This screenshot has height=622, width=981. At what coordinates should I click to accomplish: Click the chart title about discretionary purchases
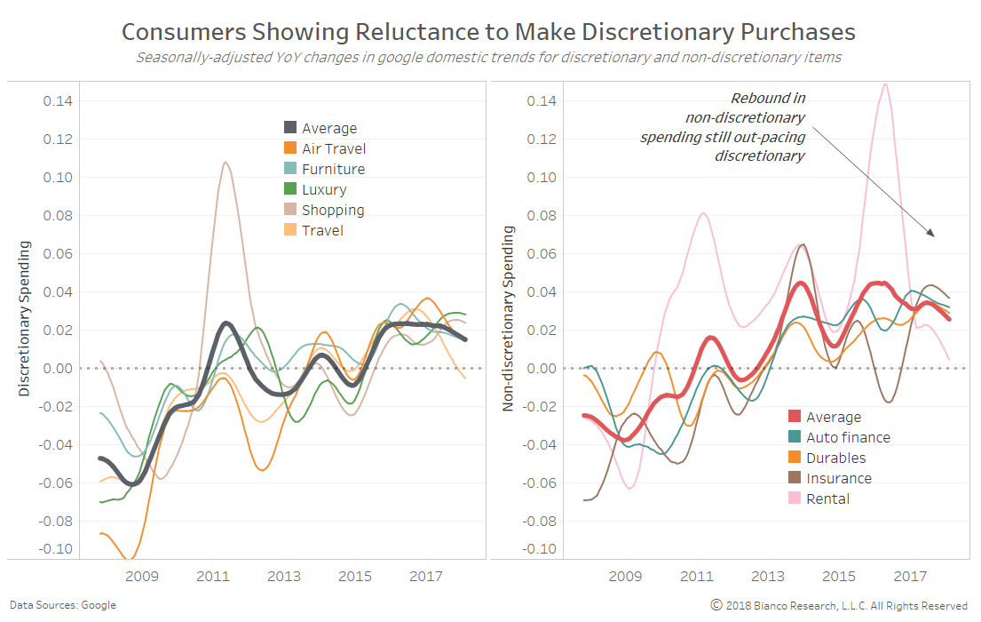pos(488,32)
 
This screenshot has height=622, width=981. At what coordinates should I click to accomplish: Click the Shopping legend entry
pos(332,211)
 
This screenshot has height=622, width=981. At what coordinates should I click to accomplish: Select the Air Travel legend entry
pos(333,149)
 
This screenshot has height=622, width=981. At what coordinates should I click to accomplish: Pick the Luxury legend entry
pos(323,190)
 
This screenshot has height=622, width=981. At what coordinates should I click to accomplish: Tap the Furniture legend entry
pos(332,170)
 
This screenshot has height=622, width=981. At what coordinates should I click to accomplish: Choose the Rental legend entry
pos(827,499)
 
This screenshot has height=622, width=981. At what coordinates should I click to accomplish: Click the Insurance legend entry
pos(838,479)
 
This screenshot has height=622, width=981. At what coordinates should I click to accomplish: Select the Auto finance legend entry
pos(847,437)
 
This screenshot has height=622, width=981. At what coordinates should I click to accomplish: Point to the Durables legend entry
pos(835,459)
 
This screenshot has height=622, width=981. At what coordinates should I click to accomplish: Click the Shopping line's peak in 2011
pos(225,163)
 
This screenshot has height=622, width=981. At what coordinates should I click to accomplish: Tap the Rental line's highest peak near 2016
pos(885,84)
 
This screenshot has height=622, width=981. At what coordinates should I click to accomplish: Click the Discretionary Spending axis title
pos(24,317)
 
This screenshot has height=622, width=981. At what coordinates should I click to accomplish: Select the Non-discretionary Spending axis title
pos(509,317)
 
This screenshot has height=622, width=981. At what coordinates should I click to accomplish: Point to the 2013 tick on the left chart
pos(283,577)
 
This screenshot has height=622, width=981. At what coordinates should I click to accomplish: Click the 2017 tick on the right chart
pos(910,577)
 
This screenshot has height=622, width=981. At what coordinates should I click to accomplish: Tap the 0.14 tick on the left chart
pos(59,101)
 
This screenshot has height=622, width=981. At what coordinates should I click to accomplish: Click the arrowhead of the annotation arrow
pos(932,235)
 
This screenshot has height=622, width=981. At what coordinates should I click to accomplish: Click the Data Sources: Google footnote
pos(63,605)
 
